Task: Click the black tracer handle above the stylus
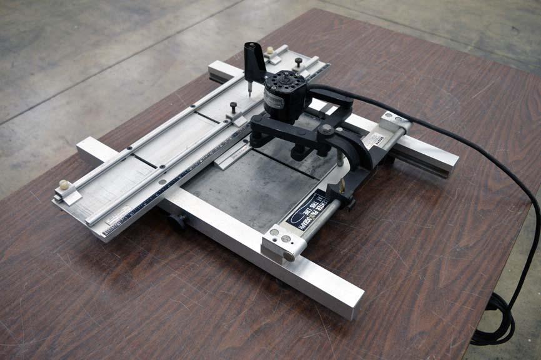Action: point(254,59)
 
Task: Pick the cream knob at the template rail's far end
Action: point(270,51)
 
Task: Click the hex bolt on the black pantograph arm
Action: point(326,130)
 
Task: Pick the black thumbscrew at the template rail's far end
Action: point(298,62)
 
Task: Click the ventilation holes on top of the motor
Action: point(284,82)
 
